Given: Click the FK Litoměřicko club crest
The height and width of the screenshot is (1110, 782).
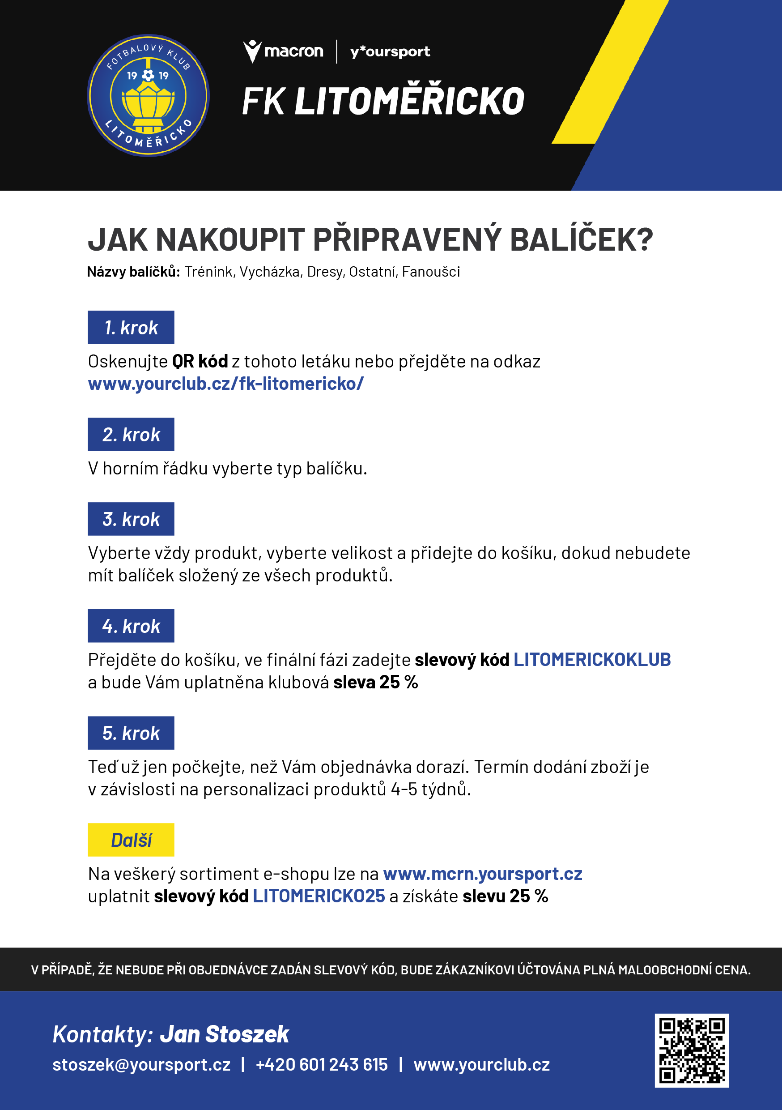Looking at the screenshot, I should click(x=148, y=95).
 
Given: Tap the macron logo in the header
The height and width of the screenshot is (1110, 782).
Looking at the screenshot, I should click(x=283, y=51).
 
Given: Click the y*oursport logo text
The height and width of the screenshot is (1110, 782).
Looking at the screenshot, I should click(x=390, y=52).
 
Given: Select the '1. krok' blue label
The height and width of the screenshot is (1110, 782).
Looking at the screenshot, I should click(x=131, y=327).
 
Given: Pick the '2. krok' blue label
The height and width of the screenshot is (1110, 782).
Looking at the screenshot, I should click(x=131, y=434).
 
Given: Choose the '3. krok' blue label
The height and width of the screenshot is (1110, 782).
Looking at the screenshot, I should click(x=131, y=519).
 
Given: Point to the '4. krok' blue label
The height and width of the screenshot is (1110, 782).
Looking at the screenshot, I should click(x=131, y=626).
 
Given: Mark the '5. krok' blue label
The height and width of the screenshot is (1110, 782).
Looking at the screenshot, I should click(x=131, y=733).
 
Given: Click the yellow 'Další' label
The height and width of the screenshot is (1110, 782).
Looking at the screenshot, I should click(x=131, y=840).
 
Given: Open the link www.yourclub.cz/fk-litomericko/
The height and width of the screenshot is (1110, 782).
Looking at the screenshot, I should click(x=226, y=384).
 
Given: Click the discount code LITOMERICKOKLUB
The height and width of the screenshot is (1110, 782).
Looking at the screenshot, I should click(x=592, y=659).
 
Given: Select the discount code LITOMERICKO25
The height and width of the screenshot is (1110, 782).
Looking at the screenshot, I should click(x=319, y=896).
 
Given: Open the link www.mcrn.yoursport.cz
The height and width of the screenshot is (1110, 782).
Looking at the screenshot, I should click(x=482, y=874).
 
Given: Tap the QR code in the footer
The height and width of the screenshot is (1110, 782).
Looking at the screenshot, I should click(x=691, y=1050).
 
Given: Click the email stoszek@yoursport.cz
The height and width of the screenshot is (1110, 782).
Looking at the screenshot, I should click(x=141, y=1064).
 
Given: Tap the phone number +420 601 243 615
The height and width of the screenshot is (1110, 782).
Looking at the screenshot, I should click(x=321, y=1064).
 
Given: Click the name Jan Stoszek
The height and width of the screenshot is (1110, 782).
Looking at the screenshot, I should click(x=224, y=1034).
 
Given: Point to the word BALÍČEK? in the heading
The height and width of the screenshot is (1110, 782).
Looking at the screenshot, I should click(x=582, y=240).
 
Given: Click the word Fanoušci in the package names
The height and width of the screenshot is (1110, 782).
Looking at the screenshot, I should click(x=431, y=272).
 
